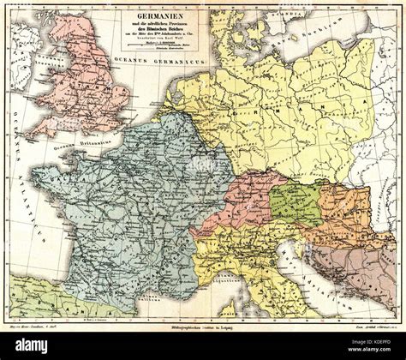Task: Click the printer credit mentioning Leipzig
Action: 204,327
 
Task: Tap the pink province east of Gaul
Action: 231,206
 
